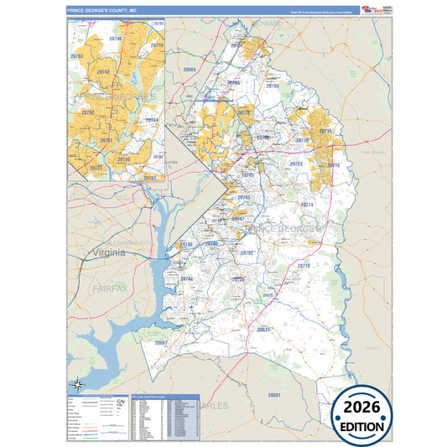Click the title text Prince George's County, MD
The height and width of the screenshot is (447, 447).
(102, 11)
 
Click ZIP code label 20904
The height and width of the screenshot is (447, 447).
(189, 70)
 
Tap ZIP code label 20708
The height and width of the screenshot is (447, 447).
(272, 86)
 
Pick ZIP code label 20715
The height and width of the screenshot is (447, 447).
(325, 133)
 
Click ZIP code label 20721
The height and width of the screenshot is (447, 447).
(296, 164)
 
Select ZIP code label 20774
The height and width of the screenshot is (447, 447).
(307, 205)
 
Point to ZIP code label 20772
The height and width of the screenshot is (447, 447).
(303, 265)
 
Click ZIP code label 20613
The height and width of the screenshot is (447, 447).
(263, 330)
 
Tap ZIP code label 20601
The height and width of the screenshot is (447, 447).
(273, 394)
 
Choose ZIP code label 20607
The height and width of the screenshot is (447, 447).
(162, 342)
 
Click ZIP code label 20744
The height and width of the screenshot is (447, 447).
(186, 278)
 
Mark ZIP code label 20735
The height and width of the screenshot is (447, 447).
(238, 278)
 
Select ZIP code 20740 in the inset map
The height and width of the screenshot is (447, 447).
(115, 39)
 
